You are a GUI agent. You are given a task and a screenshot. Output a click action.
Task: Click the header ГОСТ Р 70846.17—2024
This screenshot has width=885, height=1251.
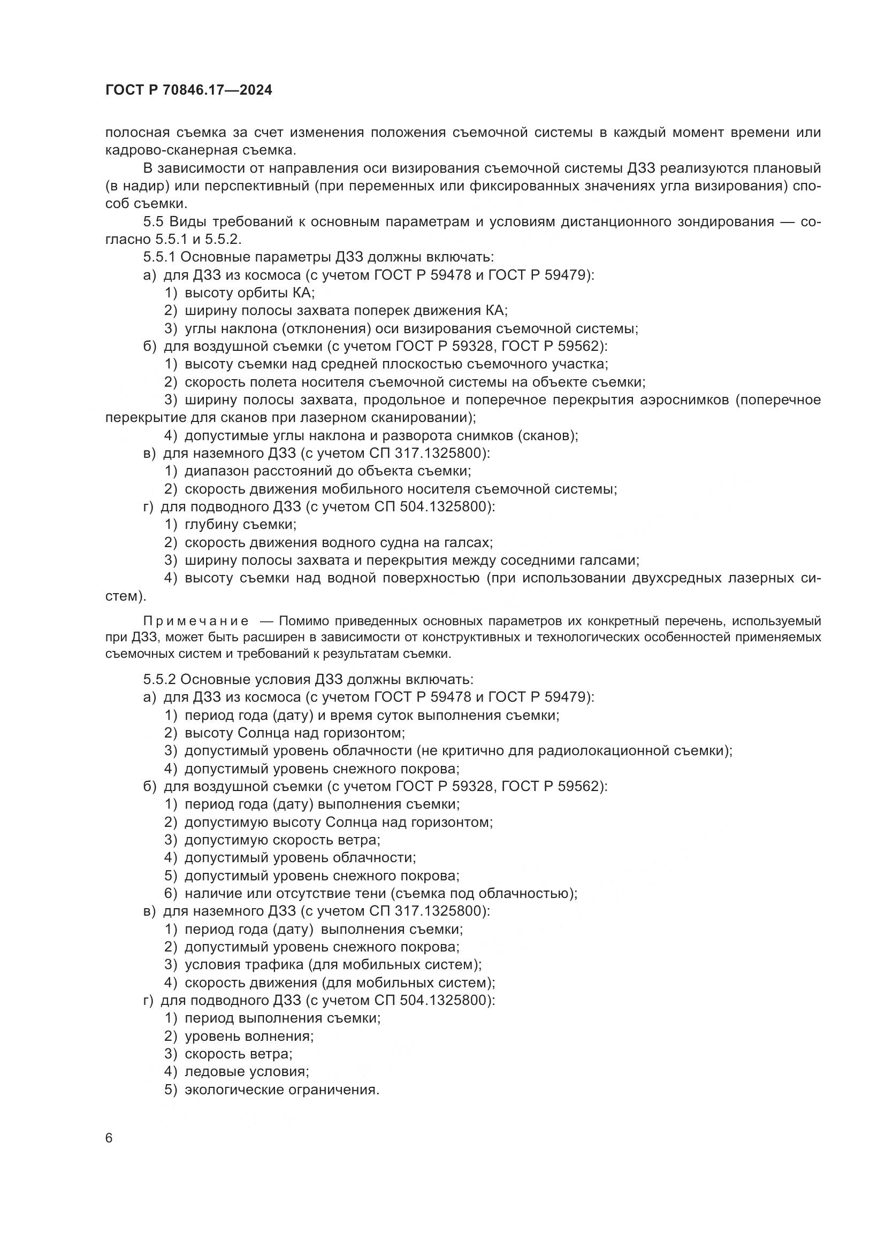[188, 90]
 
